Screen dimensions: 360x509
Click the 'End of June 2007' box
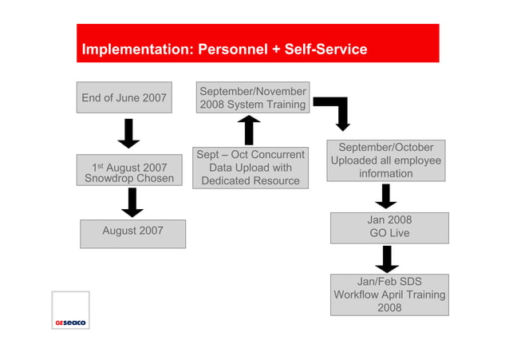coord(124,97)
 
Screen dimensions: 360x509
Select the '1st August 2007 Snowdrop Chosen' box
coord(129,172)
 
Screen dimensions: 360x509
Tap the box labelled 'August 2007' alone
coord(132,232)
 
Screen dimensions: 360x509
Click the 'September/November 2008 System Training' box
coord(252,98)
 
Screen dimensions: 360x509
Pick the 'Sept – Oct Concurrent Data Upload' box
coord(251,168)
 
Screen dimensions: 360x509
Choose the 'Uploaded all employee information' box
coord(386,160)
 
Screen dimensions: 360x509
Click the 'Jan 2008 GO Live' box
coord(389,227)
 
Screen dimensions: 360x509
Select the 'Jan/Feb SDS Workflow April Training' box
coord(389,295)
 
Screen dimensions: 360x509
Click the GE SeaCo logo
coord(70,311)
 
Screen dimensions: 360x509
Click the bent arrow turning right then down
coord(335,111)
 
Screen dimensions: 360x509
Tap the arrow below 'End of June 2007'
coord(128,133)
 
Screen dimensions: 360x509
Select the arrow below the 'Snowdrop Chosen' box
coord(132,203)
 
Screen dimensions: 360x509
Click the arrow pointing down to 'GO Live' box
coord(386,196)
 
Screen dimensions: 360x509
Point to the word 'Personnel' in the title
coord(231,49)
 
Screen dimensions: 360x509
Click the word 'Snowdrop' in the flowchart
coord(109,179)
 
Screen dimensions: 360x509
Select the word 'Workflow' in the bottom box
coord(360,295)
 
